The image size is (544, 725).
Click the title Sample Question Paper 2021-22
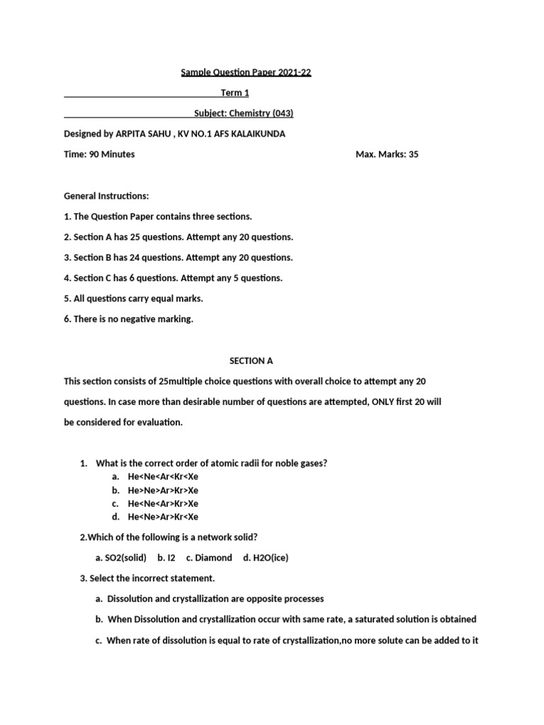(x=246, y=72)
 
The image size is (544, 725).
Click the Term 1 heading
(x=235, y=93)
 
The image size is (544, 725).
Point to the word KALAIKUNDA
(x=258, y=133)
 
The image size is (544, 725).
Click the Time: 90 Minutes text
(x=99, y=154)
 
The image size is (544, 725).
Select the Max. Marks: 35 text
(x=387, y=154)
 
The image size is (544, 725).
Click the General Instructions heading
(x=106, y=195)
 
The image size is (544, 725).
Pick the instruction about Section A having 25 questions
(x=178, y=236)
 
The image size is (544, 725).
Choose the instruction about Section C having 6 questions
(x=173, y=278)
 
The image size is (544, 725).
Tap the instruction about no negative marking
(x=128, y=319)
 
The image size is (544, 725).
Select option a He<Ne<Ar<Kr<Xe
(x=163, y=476)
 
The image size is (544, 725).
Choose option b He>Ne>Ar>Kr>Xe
(x=163, y=490)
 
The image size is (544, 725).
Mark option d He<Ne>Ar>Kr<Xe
(x=163, y=517)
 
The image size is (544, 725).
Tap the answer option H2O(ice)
(x=266, y=558)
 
